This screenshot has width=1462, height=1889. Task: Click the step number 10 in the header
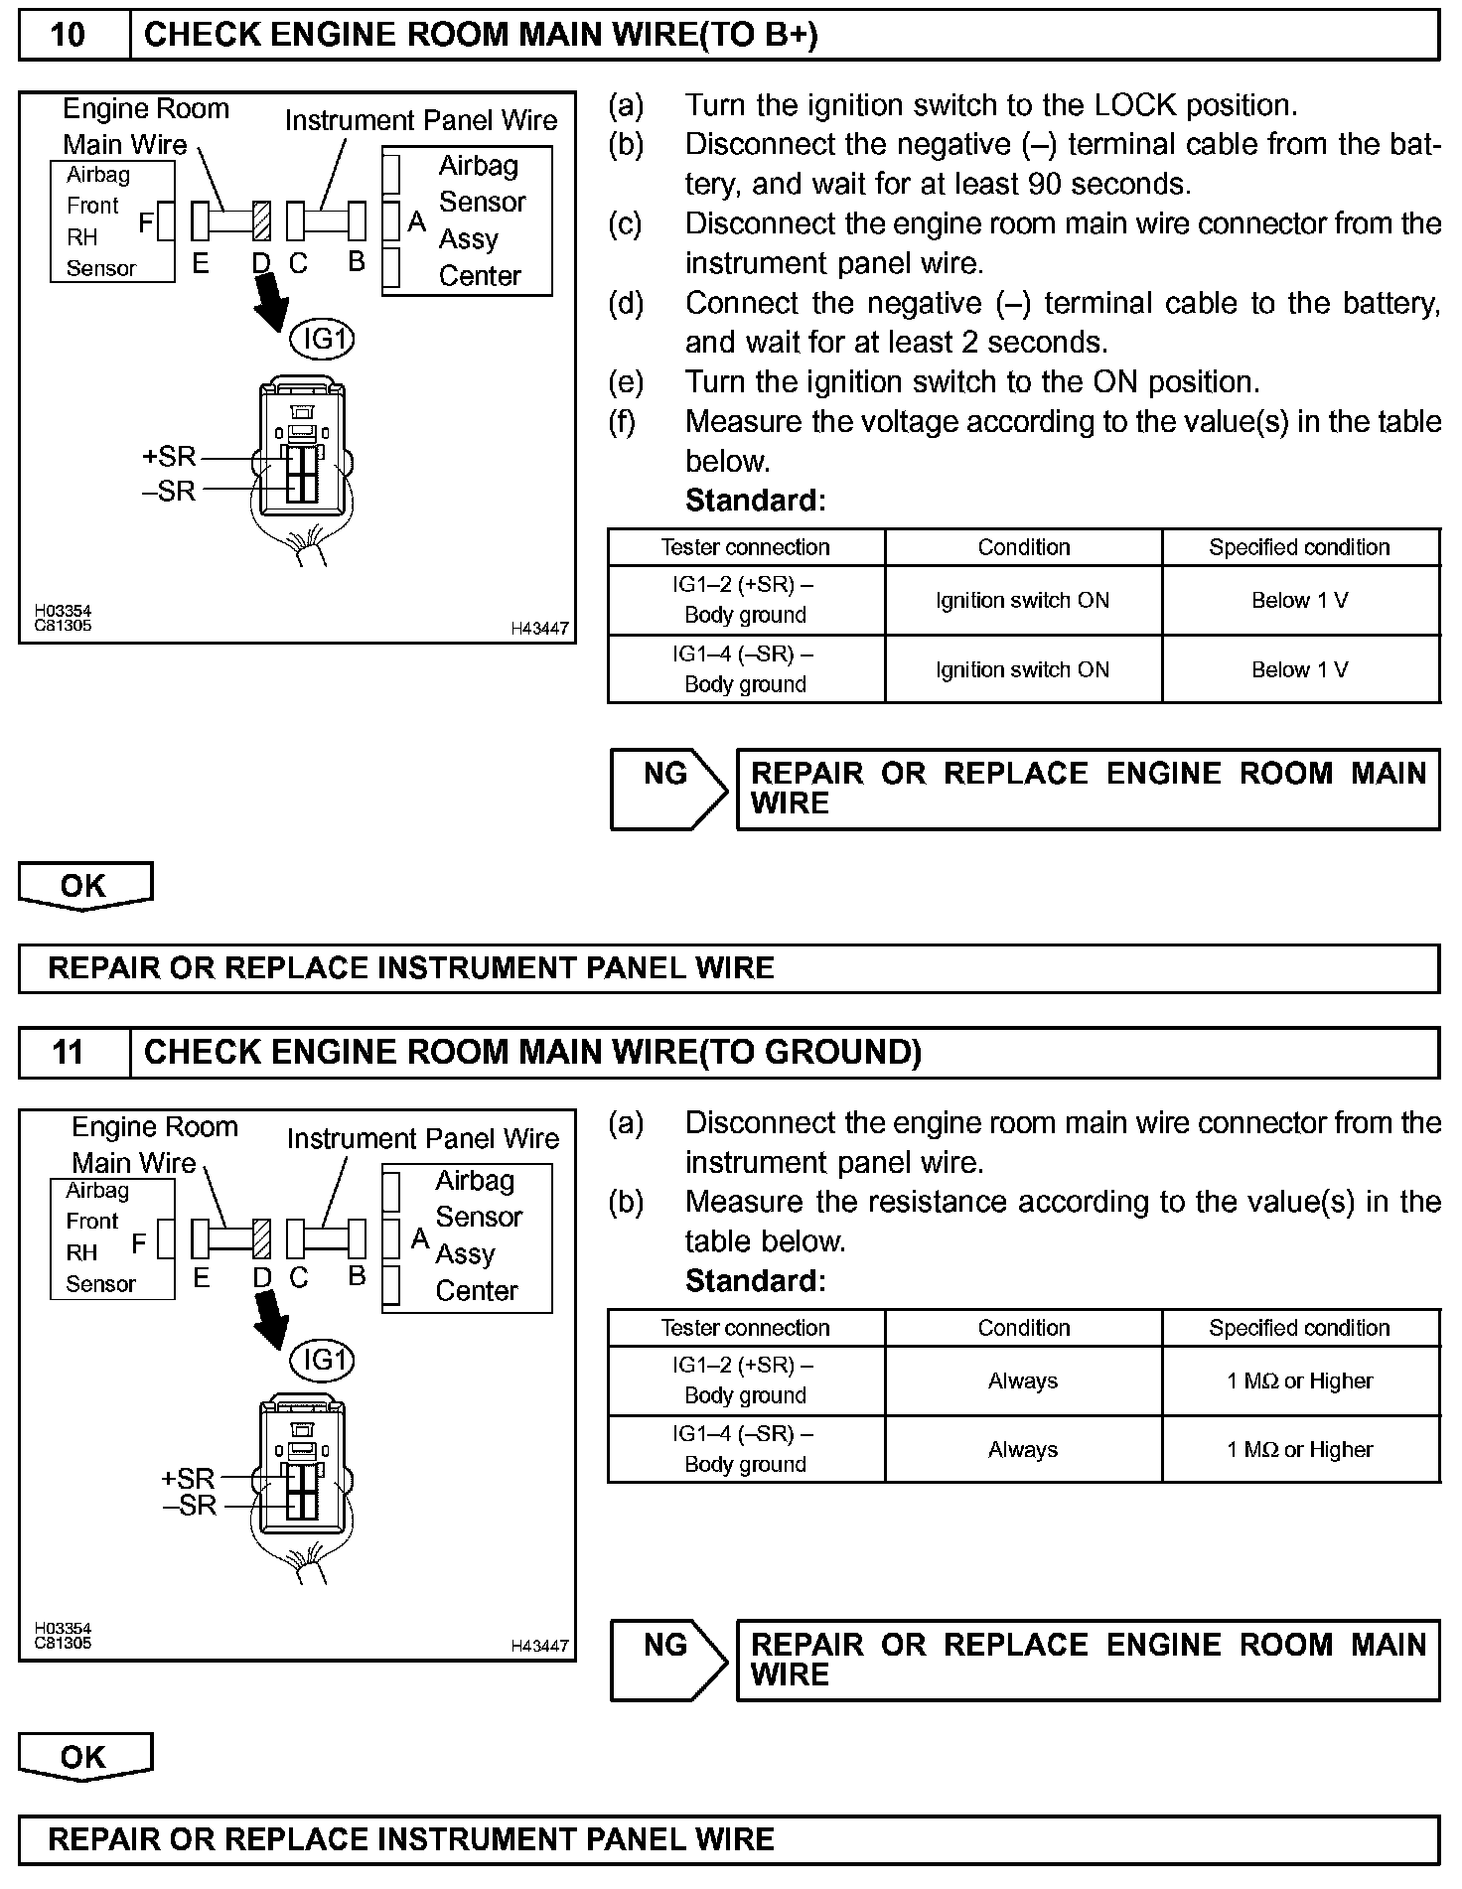(68, 35)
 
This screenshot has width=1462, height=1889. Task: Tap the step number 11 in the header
(68, 1052)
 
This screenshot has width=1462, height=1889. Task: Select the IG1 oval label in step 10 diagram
(322, 340)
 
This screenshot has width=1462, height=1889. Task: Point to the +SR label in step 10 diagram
(169, 457)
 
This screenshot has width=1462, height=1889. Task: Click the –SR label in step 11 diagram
(190, 1506)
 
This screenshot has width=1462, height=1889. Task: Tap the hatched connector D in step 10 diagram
(262, 221)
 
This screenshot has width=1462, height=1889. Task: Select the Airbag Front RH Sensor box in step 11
(112, 1237)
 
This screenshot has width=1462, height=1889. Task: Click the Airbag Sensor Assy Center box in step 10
(467, 220)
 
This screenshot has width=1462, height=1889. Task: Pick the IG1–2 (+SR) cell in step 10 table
(745, 600)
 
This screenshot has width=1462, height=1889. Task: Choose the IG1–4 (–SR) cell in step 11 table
(745, 1449)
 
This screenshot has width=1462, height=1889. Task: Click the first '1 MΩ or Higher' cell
(1300, 1380)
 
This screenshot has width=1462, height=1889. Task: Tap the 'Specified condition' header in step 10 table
(1299, 547)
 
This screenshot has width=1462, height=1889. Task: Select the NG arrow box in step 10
(667, 790)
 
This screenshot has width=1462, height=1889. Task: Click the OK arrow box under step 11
(84, 1757)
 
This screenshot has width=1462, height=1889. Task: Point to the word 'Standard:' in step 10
(755, 501)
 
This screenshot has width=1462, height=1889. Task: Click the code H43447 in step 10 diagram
(540, 628)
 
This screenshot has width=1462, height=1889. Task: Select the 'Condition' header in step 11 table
(1023, 1328)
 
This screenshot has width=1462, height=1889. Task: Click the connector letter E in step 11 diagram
(201, 1278)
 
